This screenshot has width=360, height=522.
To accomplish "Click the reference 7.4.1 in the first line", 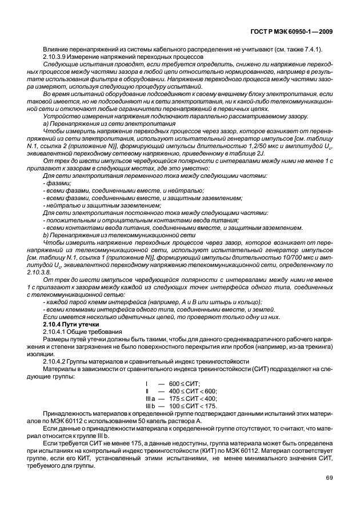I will point(314,50).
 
